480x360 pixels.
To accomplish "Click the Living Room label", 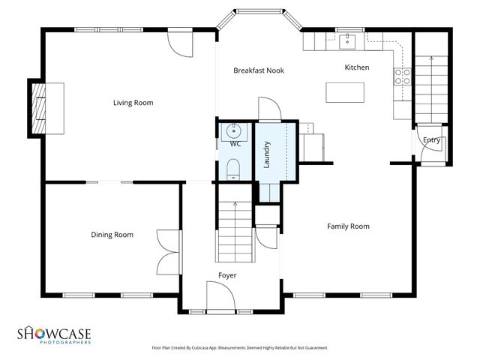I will (x=133, y=103).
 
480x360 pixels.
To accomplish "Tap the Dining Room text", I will (x=112, y=235).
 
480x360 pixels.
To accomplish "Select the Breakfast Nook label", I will (x=258, y=70).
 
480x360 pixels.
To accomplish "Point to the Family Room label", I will (x=348, y=226).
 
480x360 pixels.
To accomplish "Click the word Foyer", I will (x=227, y=275).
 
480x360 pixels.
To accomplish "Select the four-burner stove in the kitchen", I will (x=401, y=74).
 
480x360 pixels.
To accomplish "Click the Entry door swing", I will (x=433, y=148).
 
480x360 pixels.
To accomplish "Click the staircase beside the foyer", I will (x=235, y=225).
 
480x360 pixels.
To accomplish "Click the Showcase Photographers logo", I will (x=54, y=334).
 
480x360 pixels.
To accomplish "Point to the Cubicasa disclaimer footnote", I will (x=239, y=348).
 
